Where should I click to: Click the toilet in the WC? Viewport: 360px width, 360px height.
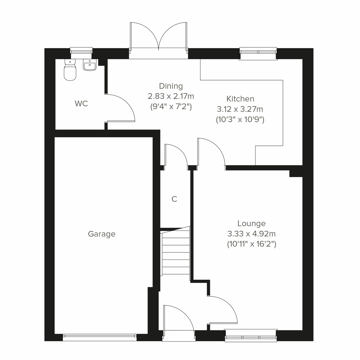pos(70,70)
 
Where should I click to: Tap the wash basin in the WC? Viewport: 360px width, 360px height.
pos(90,66)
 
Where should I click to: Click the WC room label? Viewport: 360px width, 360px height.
pos(81,104)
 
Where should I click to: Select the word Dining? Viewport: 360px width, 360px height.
pos(171,86)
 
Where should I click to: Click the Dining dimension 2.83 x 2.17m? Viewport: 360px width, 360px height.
pos(171,96)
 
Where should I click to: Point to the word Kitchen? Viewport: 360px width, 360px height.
pos(240,99)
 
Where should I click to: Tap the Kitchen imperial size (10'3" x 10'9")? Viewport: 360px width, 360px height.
pos(240,119)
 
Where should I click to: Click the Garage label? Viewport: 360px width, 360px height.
pos(102,234)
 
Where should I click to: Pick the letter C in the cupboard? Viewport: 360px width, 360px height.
pos(174,199)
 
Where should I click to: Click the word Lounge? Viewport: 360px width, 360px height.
pos(251,223)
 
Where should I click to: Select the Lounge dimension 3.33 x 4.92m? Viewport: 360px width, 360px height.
pos(251,234)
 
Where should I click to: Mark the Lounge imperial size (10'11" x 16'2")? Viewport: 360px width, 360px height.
pos(251,244)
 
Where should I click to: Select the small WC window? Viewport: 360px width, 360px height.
pos(81,51)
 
